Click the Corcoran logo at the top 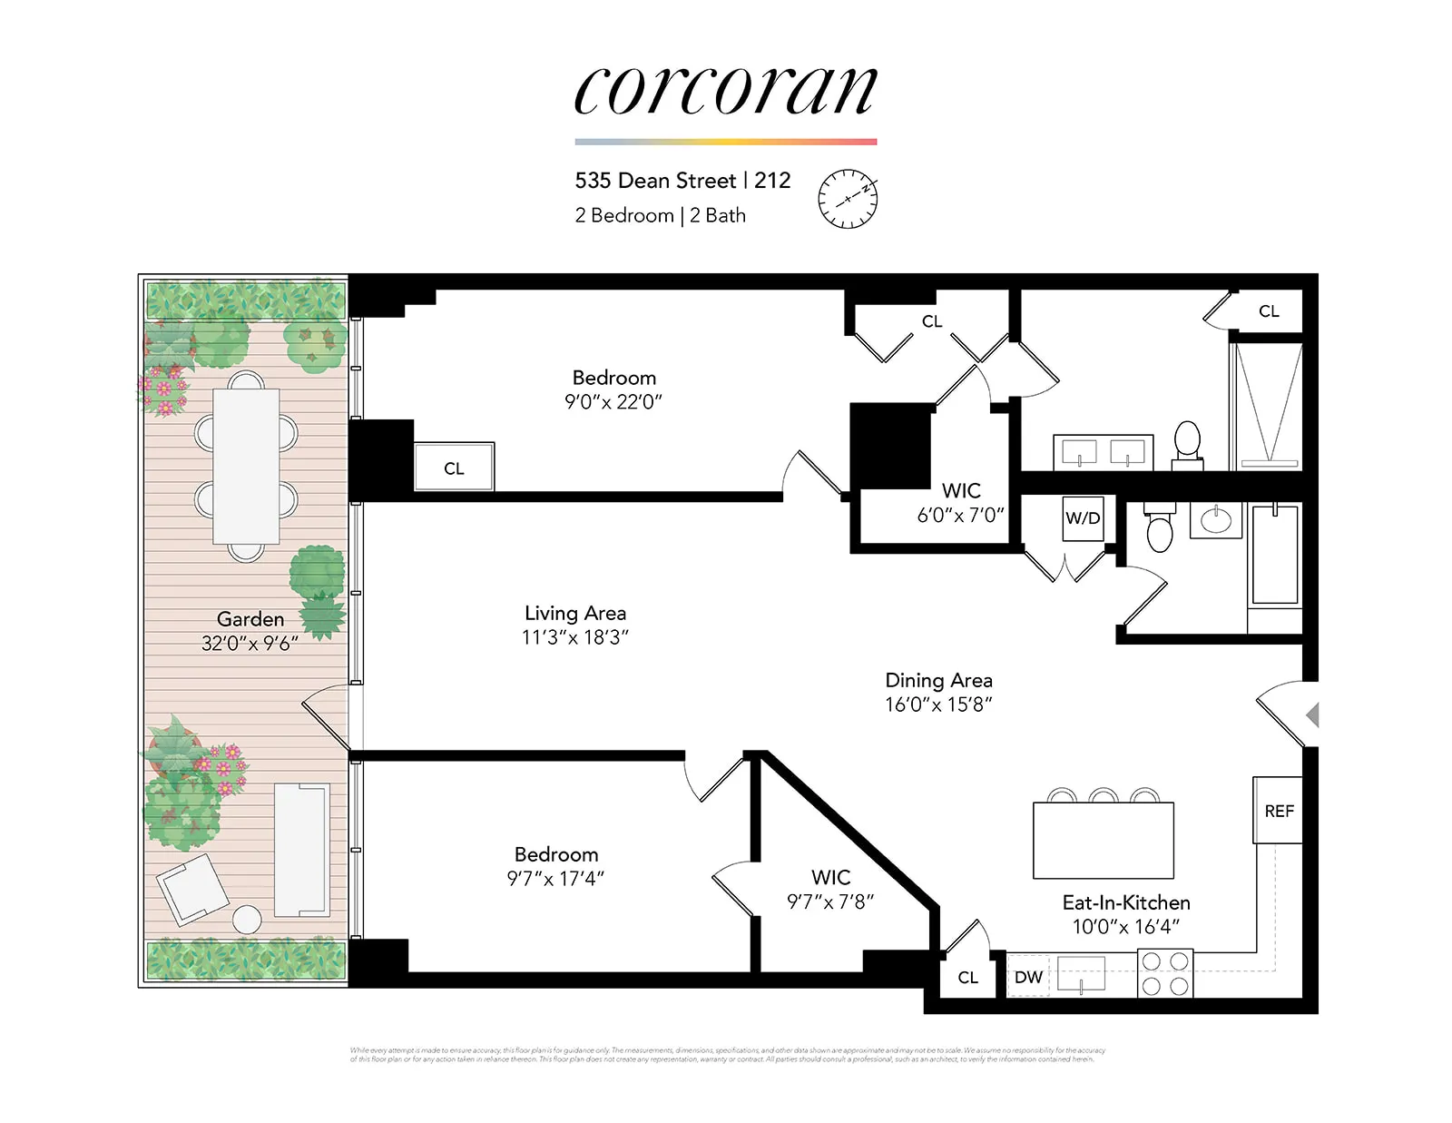(x=725, y=91)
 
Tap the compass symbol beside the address (x=848, y=198)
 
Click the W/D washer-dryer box (x=1083, y=518)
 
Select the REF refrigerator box (x=1278, y=811)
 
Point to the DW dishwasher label (x=1028, y=977)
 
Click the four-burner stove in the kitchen (x=1165, y=973)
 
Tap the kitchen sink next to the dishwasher (x=1081, y=973)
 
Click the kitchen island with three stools (x=1104, y=840)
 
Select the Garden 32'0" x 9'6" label (x=250, y=631)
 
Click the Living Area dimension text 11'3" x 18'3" (x=574, y=637)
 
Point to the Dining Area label (x=938, y=680)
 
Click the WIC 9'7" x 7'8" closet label (x=830, y=890)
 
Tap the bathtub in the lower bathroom (x=1275, y=555)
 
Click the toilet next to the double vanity (x=1187, y=442)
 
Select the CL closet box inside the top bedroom (x=454, y=468)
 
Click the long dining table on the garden (x=246, y=466)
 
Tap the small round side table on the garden (x=247, y=920)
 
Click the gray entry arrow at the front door (x=1312, y=714)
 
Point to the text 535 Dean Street (x=655, y=181)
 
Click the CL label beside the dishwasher (x=967, y=977)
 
